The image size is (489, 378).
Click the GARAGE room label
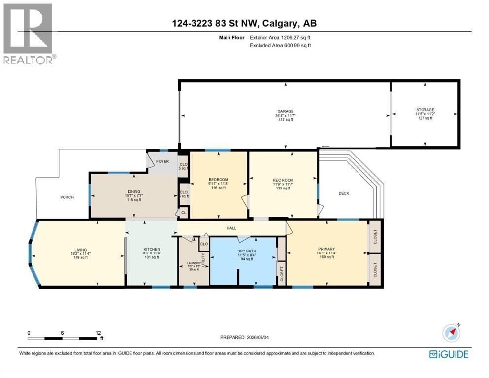pos(285,111)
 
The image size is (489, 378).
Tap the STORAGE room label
pos(425,110)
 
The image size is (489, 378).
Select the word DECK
pos(344,193)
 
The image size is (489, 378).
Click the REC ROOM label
pos(283,180)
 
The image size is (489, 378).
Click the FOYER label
pos(163,161)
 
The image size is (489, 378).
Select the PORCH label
pos(67,197)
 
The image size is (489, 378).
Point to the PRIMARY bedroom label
pos(326,250)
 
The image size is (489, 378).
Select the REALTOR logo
pos(28,33)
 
